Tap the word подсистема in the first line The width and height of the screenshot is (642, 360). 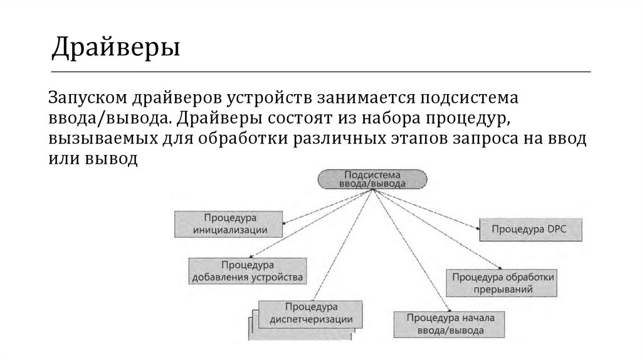tap(465, 99)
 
